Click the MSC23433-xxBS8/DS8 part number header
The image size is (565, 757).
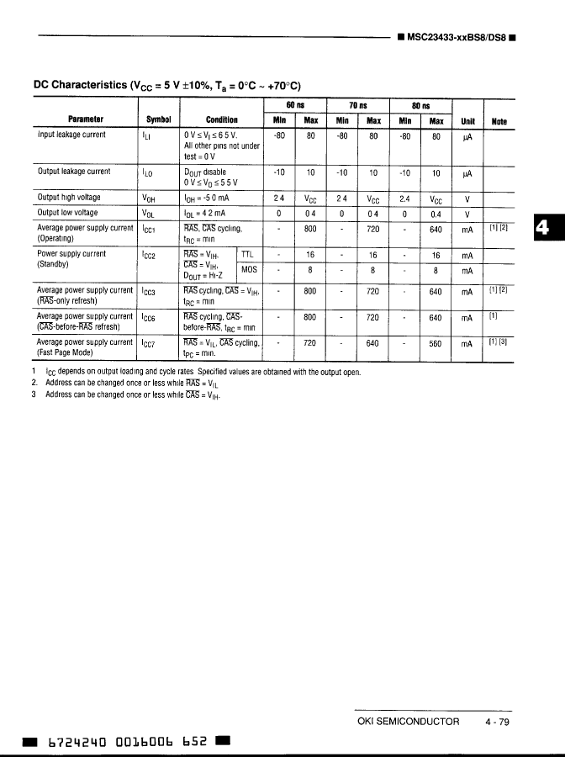457,37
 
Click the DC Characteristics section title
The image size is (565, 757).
166,85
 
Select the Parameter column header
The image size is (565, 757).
86,120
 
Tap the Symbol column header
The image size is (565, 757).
158,120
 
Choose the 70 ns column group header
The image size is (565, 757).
359,105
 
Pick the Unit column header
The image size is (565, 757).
468,120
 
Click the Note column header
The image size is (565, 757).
499,120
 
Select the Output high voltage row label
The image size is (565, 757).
81,198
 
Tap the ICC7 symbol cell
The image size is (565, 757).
151,344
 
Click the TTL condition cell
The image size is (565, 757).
247,254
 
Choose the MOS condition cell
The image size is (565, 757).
249,270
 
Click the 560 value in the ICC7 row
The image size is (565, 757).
436,344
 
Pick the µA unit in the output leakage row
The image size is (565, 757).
468,173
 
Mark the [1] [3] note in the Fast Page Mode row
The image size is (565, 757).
499,342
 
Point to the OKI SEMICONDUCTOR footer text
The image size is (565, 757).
409,721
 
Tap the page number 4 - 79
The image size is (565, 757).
497,721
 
